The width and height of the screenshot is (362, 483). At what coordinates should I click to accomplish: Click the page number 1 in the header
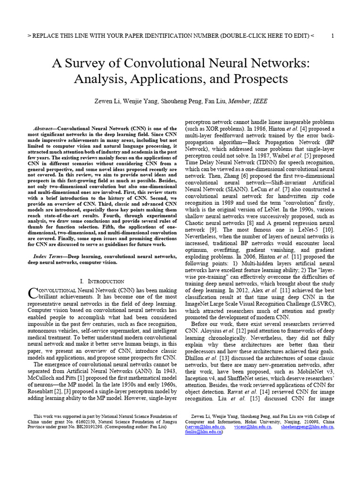333,36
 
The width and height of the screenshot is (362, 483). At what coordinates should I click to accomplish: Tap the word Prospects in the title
257,78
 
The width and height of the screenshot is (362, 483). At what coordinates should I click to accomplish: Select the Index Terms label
49,256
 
